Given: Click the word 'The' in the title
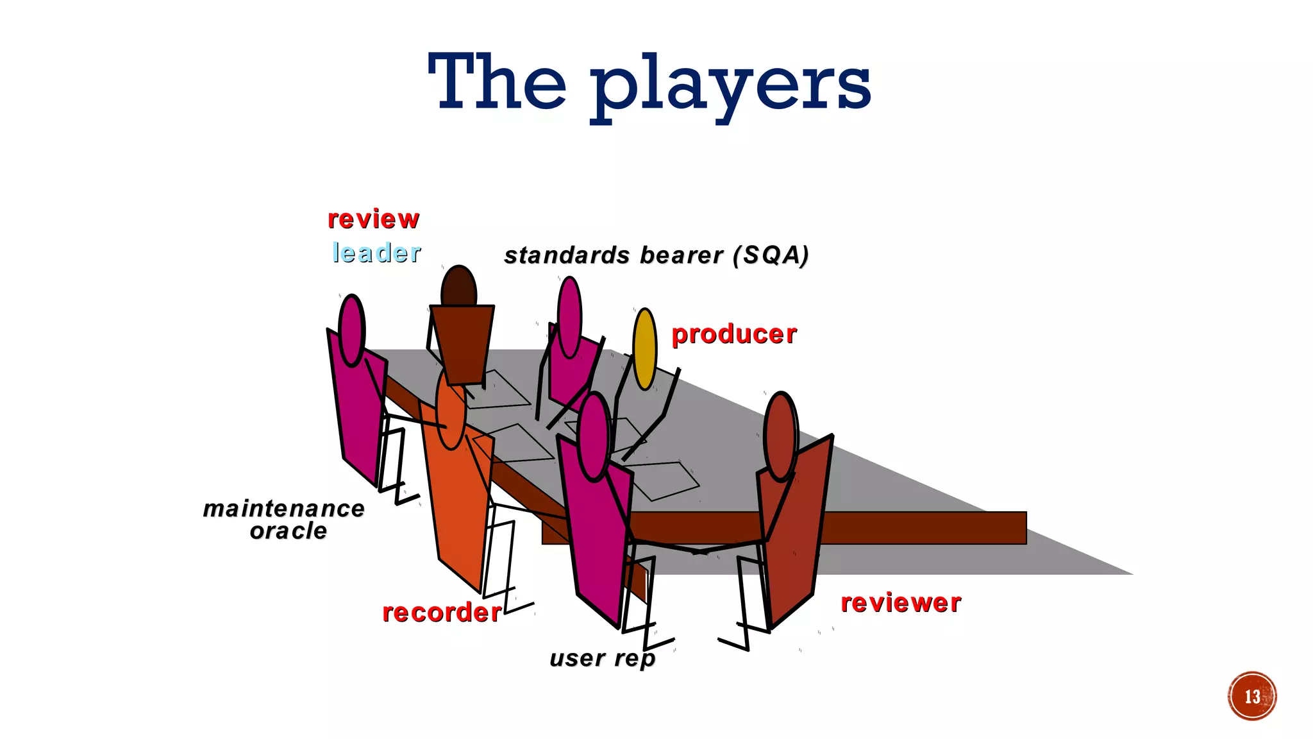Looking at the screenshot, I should point(497,82).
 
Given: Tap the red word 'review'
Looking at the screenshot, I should point(373,219).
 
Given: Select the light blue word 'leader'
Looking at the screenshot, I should point(376,253).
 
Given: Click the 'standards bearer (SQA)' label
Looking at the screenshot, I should point(656,255).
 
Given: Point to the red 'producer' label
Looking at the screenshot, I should point(734,334).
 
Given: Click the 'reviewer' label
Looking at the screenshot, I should point(901,603).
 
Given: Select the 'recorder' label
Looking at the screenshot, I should point(442,613).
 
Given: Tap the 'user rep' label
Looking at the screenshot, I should point(603,658).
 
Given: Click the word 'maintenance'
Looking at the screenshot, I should point(284,509).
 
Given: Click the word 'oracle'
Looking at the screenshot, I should point(289,531).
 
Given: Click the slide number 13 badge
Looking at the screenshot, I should point(1252,696).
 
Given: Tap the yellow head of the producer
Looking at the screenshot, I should point(645,349).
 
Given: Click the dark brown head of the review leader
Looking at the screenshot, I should point(459,287).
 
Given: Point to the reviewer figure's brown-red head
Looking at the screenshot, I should point(781,436).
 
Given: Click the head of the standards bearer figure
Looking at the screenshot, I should point(569,317).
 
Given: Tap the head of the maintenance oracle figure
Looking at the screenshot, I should point(351,330).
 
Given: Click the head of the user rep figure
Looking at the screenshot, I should point(594,437).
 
